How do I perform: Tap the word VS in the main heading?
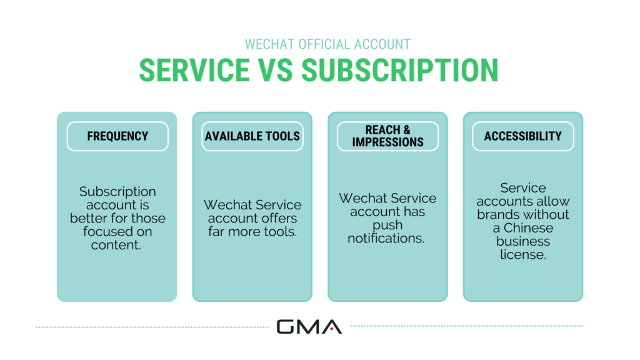[x=276, y=70]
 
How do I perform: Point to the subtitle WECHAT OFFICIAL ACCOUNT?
[x=319, y=44]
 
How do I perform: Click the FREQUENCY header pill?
[x=117, y=136]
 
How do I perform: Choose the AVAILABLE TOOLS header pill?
[x=252, y=136]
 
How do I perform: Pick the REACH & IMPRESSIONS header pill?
[x=387, y=136]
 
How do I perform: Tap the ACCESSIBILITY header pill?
[x=522, y=136]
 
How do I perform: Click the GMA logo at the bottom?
[x=309, y=326]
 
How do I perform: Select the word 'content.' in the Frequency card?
[x=117, y=244]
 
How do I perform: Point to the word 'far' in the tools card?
[x=217, y=232]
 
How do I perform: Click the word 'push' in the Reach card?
[x=387, y=225]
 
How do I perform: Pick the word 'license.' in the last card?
[x=522, y=254]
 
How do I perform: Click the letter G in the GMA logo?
[x=287, y=326]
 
